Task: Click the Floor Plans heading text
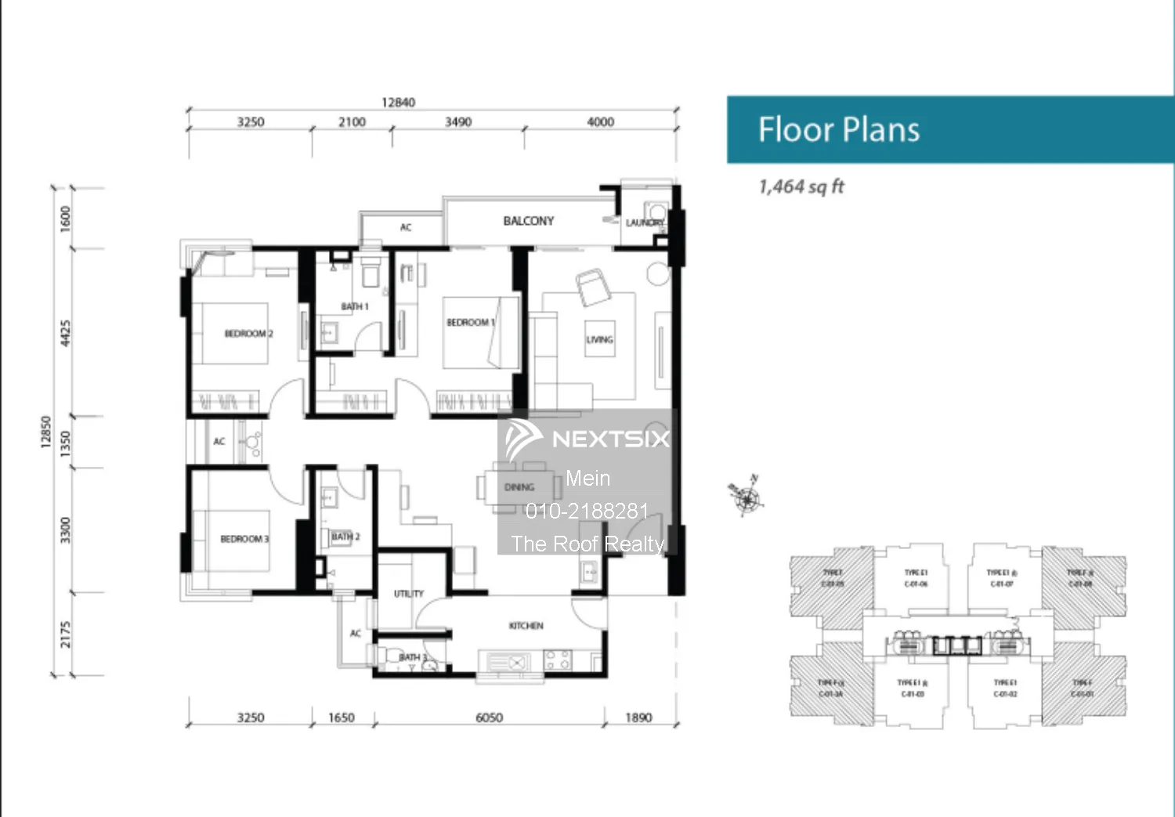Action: pos(838,130)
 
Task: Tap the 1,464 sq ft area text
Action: pos(801,187)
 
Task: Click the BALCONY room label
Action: pos(528,222)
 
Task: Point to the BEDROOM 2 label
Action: pos(248,334)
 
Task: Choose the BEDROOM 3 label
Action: pos(244,539)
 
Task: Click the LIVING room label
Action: pos(599,340)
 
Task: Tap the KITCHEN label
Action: pos(526,626)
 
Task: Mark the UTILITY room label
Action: pos(408,594)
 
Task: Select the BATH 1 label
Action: pos(354,306)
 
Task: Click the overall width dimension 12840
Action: pos(398,103)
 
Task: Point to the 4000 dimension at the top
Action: pos(600,122)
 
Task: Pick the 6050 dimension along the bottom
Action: pos(489,718)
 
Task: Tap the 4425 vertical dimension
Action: pos(66,333)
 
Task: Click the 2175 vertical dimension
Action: pos(66,634)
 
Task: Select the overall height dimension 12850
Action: pos(45,432)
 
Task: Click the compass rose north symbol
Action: pos(747,497)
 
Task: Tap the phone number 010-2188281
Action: pos(587,512)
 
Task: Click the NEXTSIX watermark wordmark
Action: pos(610,439)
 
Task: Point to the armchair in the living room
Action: pos(593,287)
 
